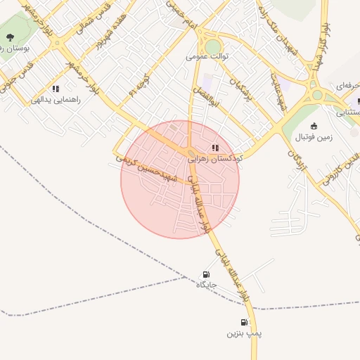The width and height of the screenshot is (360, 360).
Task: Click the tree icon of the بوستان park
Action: click(11, 37)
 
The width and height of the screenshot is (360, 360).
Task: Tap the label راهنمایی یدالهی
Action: click(56, 100)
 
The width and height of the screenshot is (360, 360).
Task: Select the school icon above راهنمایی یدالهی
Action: click(56, 89)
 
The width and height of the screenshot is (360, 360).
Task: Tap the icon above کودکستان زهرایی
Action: click(215, 148)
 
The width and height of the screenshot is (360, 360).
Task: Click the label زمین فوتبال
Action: click(314, 136)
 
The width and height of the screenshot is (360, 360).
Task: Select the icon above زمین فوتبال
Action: click(314, 125)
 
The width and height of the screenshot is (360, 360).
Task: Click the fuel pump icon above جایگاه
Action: click(205, 274)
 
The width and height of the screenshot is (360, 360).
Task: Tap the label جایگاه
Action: click(205, 285)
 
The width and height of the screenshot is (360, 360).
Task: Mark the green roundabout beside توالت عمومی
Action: click(213, 46)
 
